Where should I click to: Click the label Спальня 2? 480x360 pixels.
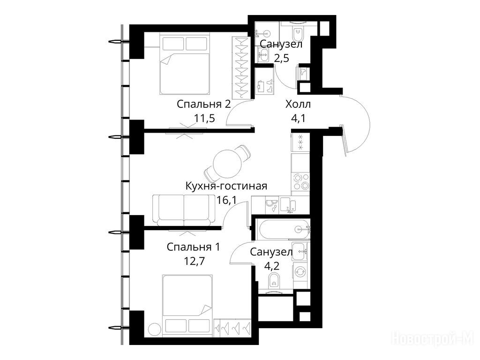point(203,104)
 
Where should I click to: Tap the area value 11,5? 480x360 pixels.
point(204,118)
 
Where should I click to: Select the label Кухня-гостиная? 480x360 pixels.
point(226,186)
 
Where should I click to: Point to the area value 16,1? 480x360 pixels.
point(226,200)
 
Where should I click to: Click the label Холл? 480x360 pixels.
point(298,104)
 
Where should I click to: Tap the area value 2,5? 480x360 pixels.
point(281,58)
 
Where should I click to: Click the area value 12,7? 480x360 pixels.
point(194,261)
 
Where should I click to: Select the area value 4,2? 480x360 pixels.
point(271,266)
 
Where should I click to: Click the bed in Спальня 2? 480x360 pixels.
point(185,64)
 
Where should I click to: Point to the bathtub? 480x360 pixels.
point(284,229)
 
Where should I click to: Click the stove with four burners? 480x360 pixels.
point(300,181)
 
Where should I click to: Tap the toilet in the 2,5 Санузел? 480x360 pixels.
point(297,33)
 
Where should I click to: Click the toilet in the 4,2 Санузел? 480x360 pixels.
point(274,281)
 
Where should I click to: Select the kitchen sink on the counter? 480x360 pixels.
point(288,204)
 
